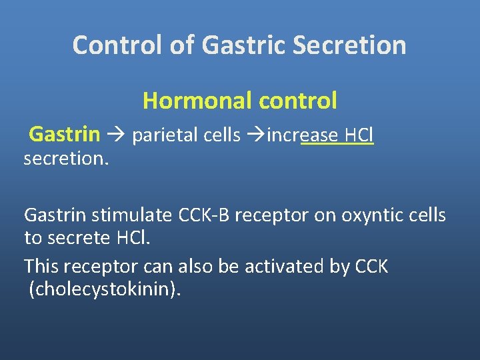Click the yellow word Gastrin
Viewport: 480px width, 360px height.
click(x=65, y=135)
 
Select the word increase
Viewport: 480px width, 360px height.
click(x=302, y=135)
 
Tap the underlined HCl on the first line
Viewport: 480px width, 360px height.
click(x=359, y=135)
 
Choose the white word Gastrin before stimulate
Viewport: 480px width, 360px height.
click(x=55, y=215)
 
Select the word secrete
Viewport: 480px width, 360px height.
click(x=81, y=239)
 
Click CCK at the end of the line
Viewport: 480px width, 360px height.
click(x=373, y=267)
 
